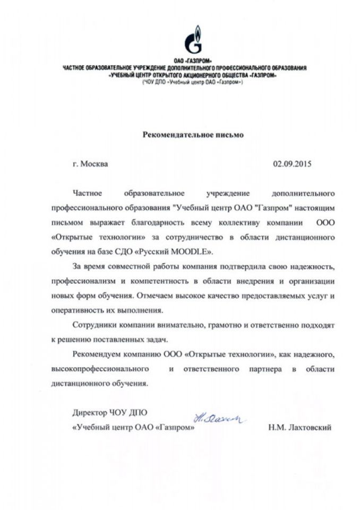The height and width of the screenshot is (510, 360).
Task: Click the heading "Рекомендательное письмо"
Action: point(193,135)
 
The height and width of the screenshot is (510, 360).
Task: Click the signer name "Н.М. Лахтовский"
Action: point(300,428)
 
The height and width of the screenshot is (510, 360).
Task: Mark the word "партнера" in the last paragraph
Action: point(267,369)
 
